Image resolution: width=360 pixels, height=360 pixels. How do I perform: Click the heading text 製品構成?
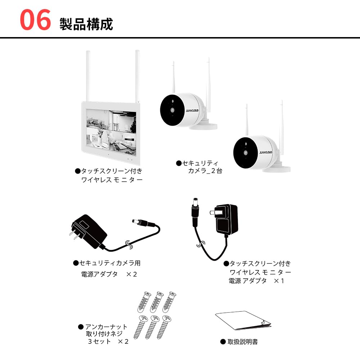[x=86, y=24]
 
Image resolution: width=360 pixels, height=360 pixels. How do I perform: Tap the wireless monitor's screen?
[x=111, y=131]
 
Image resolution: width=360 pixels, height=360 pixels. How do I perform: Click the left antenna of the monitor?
[x=87, y=76]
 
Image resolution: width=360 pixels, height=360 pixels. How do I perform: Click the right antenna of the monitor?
[x=137, y=76]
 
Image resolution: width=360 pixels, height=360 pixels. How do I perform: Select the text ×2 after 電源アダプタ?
[x=131, y=274]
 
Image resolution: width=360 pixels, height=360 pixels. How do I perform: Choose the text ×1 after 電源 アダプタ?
[x=279, y=281]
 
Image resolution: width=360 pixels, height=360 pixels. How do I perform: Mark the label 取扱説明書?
[x=242, y=342]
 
